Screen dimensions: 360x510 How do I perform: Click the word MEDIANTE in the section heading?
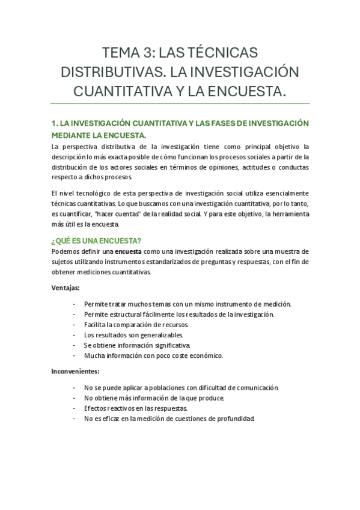72,135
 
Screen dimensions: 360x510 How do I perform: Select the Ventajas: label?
70,288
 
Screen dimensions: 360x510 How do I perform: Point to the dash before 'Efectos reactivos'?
74,408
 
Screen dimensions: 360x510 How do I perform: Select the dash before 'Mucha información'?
74,355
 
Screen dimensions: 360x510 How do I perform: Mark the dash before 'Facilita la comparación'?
74,324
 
